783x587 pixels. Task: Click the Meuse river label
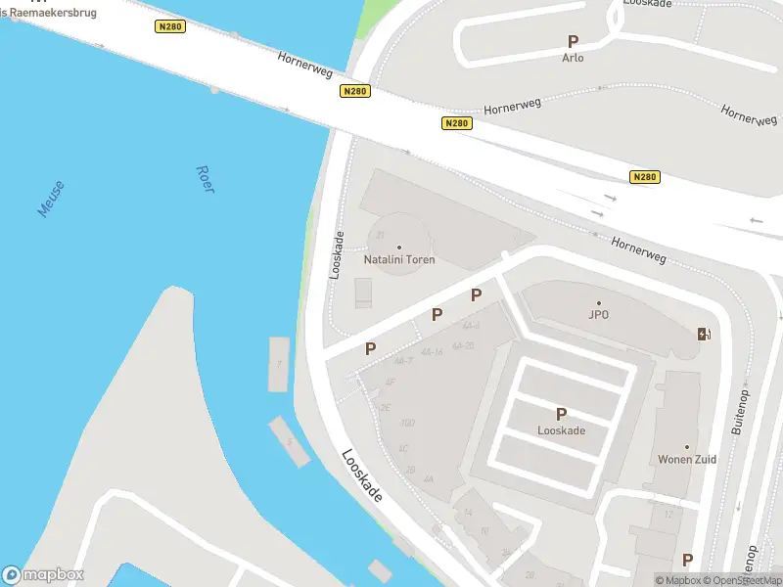coord(50,199)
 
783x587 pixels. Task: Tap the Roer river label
coord(205,178)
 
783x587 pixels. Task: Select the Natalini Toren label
coord(399,260)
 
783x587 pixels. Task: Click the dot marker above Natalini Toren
coord(399,247)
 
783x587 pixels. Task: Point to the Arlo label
coord(573,58)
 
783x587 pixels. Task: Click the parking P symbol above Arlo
coord(574,41)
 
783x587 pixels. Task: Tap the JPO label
coord(599,315)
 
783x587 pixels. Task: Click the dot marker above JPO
coord(599,302)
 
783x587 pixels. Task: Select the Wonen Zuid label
coord(687,460)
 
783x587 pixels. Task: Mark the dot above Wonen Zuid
coord(687,447)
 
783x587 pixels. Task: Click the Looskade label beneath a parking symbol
coord(562,430)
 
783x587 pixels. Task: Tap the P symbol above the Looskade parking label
coord(562,414)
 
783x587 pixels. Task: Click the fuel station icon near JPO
coord(703,334)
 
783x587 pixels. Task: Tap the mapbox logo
coord(42,575)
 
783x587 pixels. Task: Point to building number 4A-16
coord(432,351)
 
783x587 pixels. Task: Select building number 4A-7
coord(403,362)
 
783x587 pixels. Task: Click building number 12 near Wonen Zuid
coord(668,515)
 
